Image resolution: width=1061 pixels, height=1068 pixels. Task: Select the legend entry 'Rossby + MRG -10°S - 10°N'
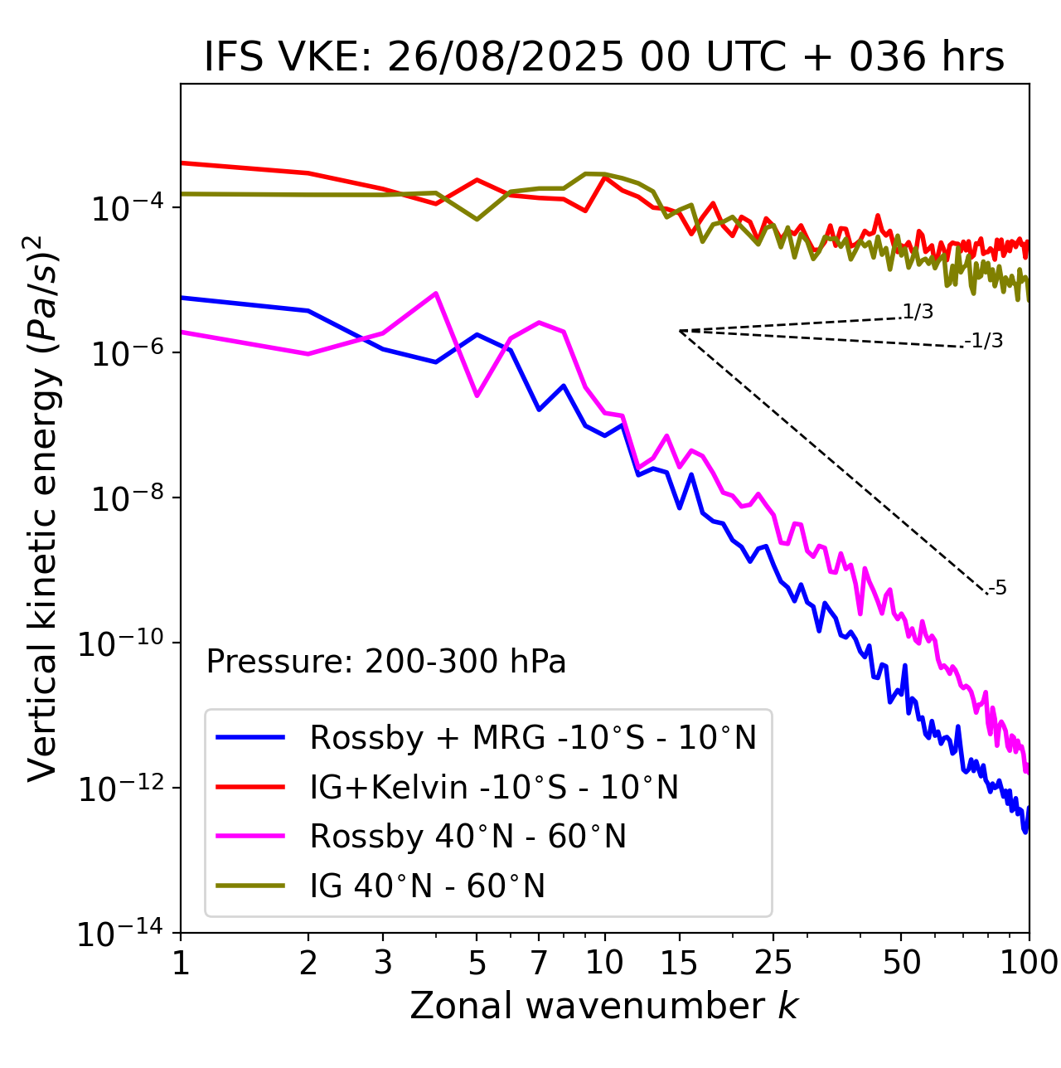[533, 737]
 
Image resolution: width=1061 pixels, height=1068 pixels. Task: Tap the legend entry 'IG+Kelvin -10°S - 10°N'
[494, 787]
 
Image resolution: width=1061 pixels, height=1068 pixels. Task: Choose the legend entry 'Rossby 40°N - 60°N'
[468, 837]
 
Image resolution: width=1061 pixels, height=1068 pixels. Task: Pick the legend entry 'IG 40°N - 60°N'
[427, 886]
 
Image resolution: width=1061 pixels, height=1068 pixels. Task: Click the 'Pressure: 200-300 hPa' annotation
[386, 662]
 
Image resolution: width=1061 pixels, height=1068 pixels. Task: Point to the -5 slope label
[998, 589]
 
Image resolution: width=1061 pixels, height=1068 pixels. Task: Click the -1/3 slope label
[985, 341]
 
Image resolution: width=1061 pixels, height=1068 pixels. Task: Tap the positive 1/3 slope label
[918, 312]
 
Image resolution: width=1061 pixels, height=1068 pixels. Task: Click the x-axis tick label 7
[539, 963]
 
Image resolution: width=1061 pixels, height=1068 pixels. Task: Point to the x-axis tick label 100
[1029, 963]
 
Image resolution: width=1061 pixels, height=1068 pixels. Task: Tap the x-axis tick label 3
[383, 963]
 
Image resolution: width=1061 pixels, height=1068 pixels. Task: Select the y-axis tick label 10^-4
[125, 208]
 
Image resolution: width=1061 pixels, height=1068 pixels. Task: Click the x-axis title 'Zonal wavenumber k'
[604, 1006]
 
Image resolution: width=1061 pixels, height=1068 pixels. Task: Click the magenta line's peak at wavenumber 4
[436, 293]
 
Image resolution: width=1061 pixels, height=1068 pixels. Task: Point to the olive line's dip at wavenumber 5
[477, 219]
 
